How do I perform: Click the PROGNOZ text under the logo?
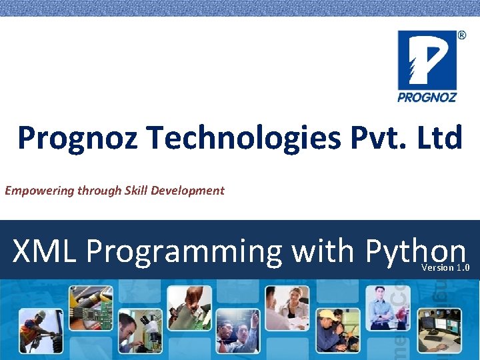[427, 97]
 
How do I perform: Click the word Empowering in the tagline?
[39, 191]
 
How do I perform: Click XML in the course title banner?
[45, 252]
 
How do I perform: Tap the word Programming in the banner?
[184, 252]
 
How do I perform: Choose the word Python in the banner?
[415, 252]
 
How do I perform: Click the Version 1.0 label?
[446, 268]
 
